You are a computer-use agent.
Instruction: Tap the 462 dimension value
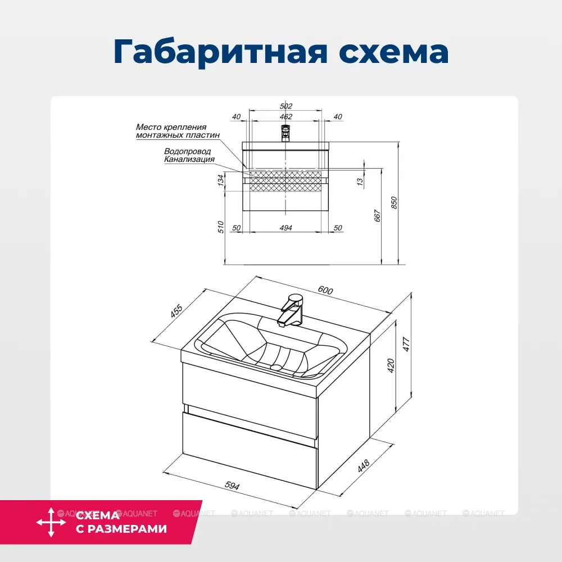[286, 117]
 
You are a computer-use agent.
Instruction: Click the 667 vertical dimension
[377, 216]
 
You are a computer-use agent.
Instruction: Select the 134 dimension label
[221, 180]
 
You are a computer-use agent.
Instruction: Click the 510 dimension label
[221, 227]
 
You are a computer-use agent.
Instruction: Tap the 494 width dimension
[286, 228]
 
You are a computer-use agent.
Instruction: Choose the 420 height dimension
[392, 365]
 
